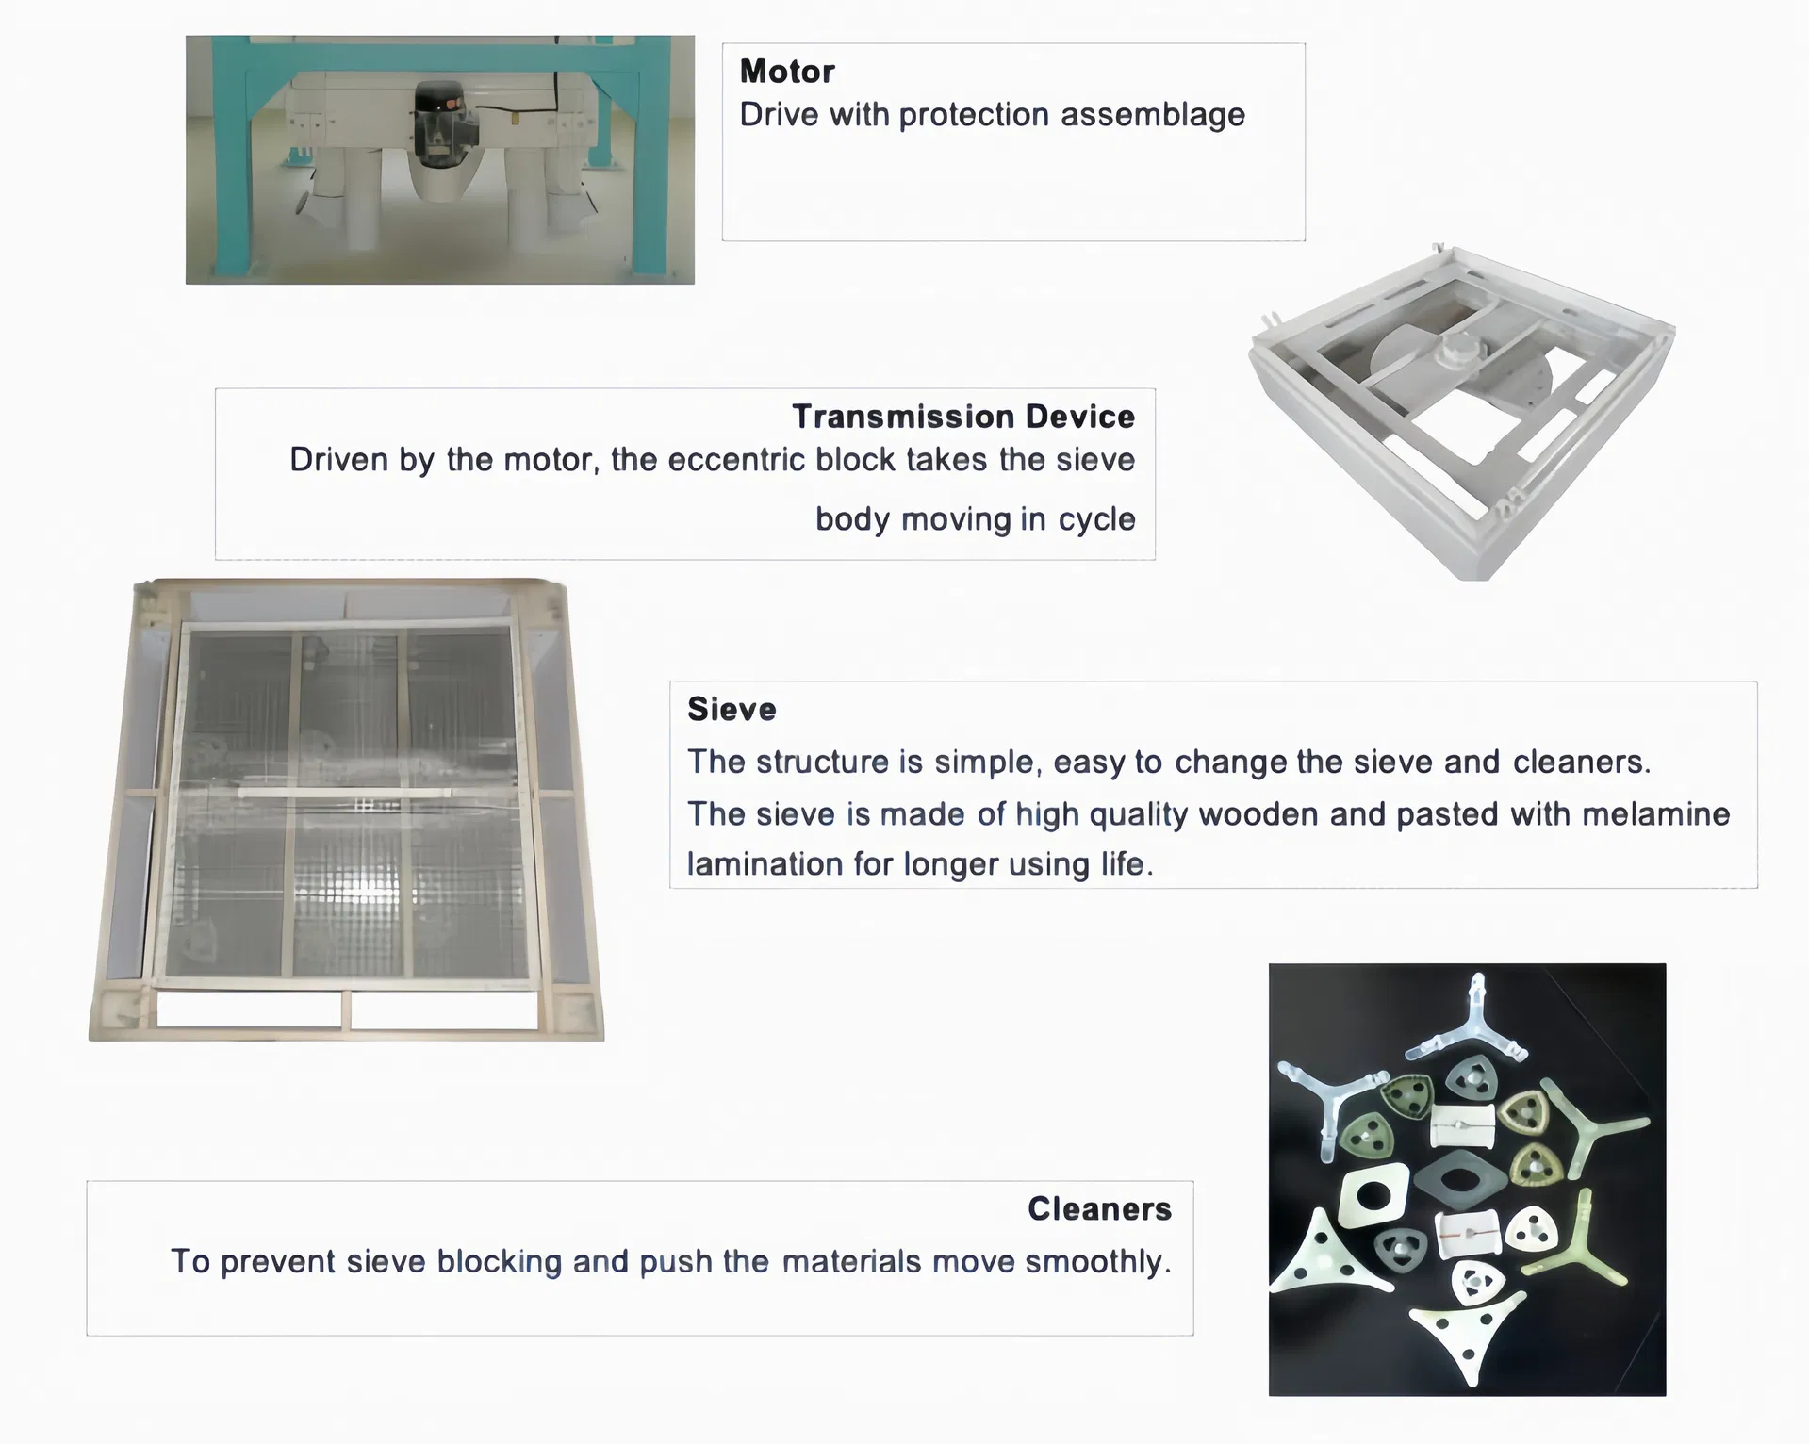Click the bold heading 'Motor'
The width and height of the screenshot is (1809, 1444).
pos(787,72)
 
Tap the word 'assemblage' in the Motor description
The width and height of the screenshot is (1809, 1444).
pos(1152,115)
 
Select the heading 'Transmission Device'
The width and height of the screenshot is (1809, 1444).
pos(963,417)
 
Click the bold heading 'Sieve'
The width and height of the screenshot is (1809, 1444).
pos(732,709)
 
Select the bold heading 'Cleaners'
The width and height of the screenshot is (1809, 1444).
pos(1099,1208)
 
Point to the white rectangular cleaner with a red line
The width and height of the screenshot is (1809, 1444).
pos(1469,1234)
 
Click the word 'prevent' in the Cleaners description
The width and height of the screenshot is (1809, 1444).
pos(277,1261)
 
